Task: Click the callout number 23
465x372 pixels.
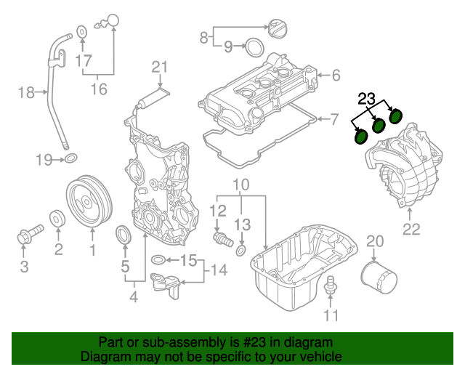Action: point(367,99)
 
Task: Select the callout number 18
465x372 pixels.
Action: point(26,92)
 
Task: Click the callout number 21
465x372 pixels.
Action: point(159,68)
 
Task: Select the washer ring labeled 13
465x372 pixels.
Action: point(241,251)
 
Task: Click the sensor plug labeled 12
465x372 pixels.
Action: point(220,238)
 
